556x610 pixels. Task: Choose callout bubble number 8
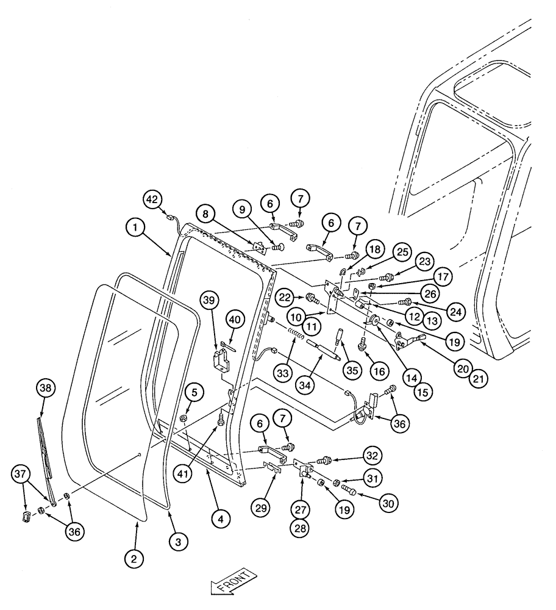tap(205, 215)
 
